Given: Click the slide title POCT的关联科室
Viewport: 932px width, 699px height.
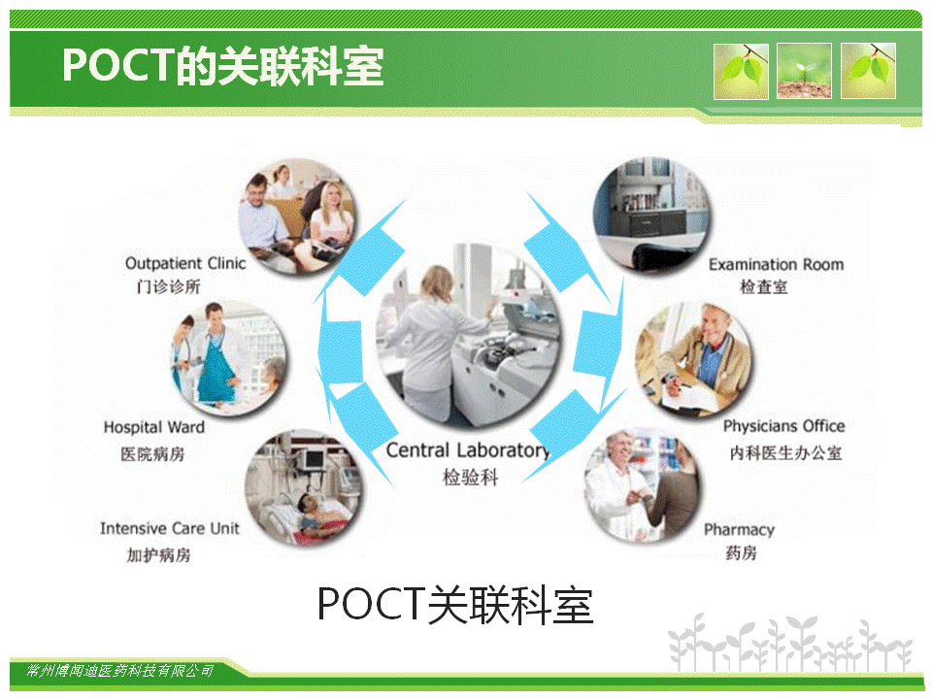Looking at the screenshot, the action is point(223,66).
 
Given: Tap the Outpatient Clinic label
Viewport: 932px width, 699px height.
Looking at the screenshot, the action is point(185,263).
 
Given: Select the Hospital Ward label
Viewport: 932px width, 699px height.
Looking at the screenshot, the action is point(154,427).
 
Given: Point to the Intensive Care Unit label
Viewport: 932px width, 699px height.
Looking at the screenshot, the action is point(169,528).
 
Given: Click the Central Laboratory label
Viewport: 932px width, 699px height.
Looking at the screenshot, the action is point(468,450).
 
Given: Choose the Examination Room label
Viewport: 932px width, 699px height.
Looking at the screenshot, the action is point(777,264).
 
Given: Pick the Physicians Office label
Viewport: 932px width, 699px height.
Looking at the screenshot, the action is point(784,426).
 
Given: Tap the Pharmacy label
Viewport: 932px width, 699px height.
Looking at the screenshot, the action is point(740,530).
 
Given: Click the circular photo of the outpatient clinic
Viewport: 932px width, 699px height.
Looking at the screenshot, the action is point(298,216).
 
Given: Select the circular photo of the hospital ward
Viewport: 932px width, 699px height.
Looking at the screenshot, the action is point(229,358).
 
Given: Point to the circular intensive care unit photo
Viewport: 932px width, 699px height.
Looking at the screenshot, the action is point(304,488).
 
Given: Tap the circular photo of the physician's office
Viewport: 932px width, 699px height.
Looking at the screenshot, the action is point(693,360).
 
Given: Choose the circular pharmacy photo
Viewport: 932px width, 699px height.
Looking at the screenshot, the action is point(643,484).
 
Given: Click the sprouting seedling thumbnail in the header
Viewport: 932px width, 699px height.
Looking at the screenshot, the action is point(804,71).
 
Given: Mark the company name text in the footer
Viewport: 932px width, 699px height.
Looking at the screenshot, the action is point(119,671).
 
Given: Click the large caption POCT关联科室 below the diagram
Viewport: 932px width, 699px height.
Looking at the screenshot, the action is point(455,605).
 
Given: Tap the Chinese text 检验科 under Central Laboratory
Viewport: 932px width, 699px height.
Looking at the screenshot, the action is point(470,477).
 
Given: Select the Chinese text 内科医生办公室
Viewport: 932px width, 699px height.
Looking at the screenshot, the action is point(785,453).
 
